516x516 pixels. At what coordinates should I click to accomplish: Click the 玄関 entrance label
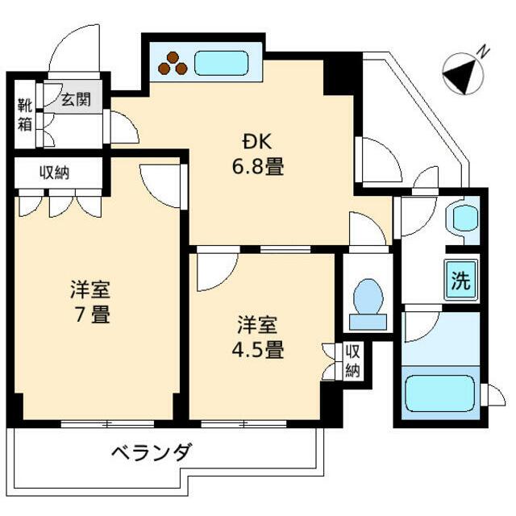[x=77, y=101]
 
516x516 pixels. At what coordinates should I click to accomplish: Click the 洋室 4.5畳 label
[x=258, y=338]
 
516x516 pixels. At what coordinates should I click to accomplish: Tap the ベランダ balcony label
[x=152, y=451]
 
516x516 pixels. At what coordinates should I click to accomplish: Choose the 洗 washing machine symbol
[x=460, y=281]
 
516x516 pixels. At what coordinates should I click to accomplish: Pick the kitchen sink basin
[x=221, y=63]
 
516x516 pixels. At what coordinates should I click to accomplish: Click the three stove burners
[x=173, y=64]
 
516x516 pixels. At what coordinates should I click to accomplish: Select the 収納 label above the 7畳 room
[x=56, y=172]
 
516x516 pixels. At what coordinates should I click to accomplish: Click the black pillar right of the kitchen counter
[x=342, y=74]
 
